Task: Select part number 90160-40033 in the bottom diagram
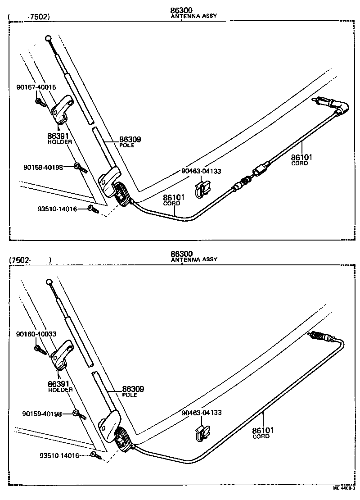click(36, 334)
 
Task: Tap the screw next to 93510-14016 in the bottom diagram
click(96, 456)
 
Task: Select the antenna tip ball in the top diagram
click(49, 39)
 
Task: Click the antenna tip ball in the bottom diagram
click(49, 282)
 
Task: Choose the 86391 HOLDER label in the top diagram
click(59, 137)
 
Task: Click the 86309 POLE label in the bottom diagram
click(133, 391)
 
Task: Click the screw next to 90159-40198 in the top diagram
click(81, 168)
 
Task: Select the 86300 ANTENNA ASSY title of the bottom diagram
click(193, 256)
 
